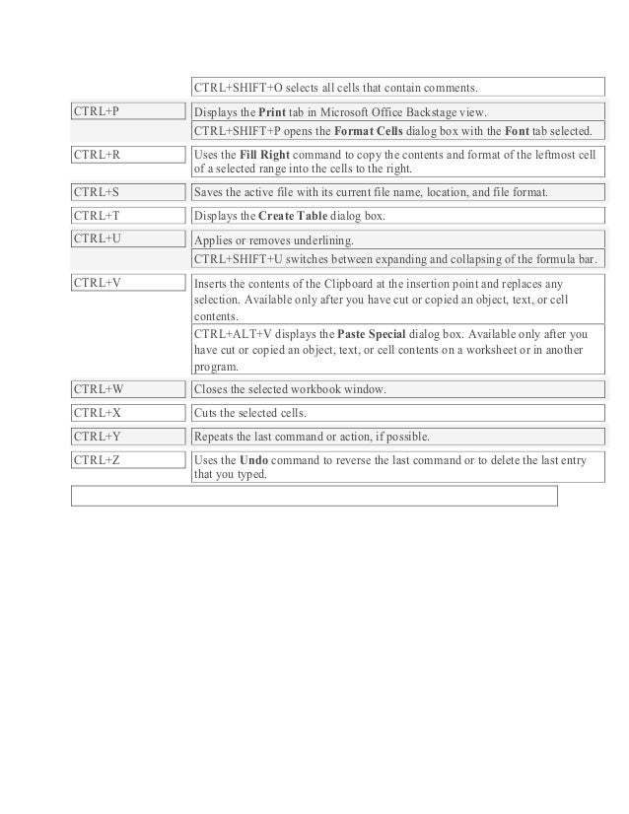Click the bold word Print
[272, 112]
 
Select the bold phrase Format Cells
[370, 131]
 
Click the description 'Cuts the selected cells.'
[251, 413]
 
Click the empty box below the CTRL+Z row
[314, 495]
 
